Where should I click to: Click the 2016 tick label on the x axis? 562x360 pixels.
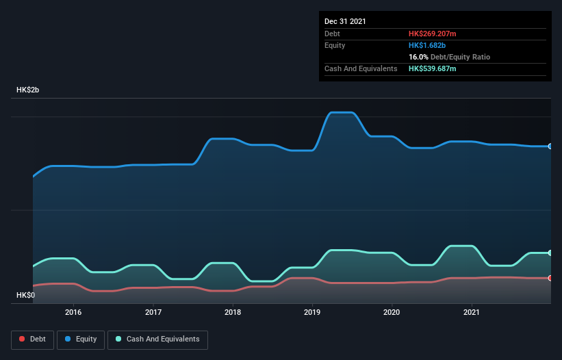[x=73, y=312]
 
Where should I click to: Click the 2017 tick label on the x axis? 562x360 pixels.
[x=153, y=312]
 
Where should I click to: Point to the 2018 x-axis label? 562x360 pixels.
[x=233, y=312]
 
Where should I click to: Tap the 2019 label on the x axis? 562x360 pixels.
[x=312, y=312]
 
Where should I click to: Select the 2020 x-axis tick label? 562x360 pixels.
[x=392, y=312]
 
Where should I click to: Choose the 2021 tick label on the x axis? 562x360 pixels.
[x=472, y=312]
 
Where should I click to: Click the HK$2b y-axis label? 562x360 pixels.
[x=28, y=90]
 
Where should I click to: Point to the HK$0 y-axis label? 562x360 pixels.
[x=26, y=295]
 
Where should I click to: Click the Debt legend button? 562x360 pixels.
[x=32, y=339]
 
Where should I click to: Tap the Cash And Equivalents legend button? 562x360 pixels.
[x=157, y=339]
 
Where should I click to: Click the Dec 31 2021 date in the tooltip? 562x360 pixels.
[x=345, y=21]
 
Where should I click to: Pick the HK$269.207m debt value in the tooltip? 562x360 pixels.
[x=432, y=34]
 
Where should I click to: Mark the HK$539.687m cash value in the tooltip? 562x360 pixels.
[x=432, y=68]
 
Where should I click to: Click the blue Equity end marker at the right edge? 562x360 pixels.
[x=550, y=146]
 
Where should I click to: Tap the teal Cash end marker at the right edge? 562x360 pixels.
[x=550, y=253]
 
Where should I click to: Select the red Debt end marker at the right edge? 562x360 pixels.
[x=550, y=278]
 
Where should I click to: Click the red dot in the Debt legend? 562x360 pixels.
[x=23, y=339]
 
